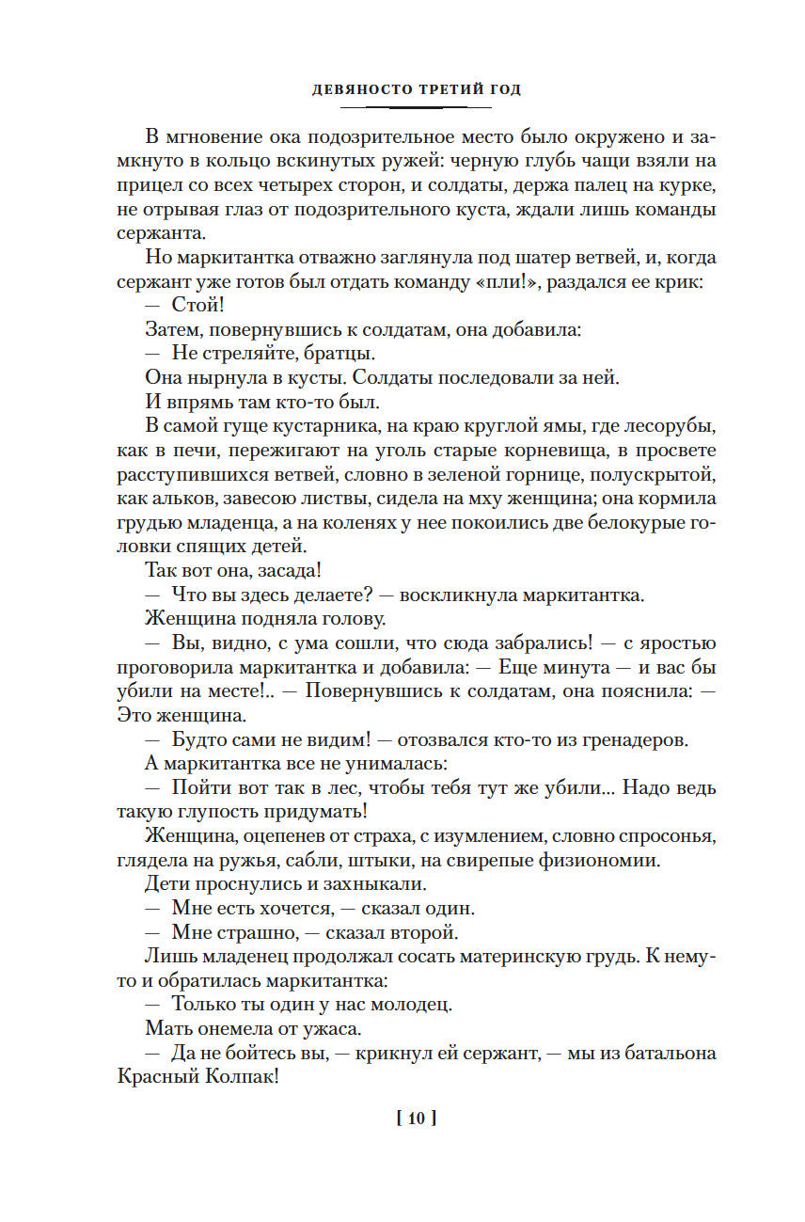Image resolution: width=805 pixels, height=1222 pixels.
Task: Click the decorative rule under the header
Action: click(415, 107)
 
